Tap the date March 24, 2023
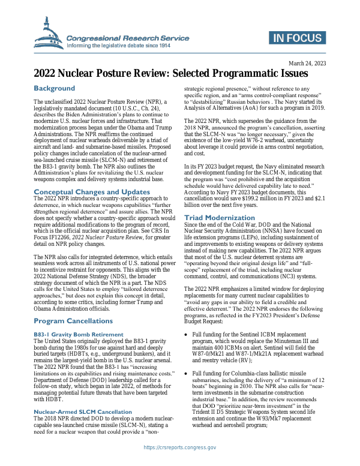coord(307,64)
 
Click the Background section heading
coord(54,88)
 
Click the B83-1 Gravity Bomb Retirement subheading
coord(79,334)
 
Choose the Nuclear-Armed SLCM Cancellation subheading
coord(82,412)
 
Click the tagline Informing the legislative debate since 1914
coord(119,45)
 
